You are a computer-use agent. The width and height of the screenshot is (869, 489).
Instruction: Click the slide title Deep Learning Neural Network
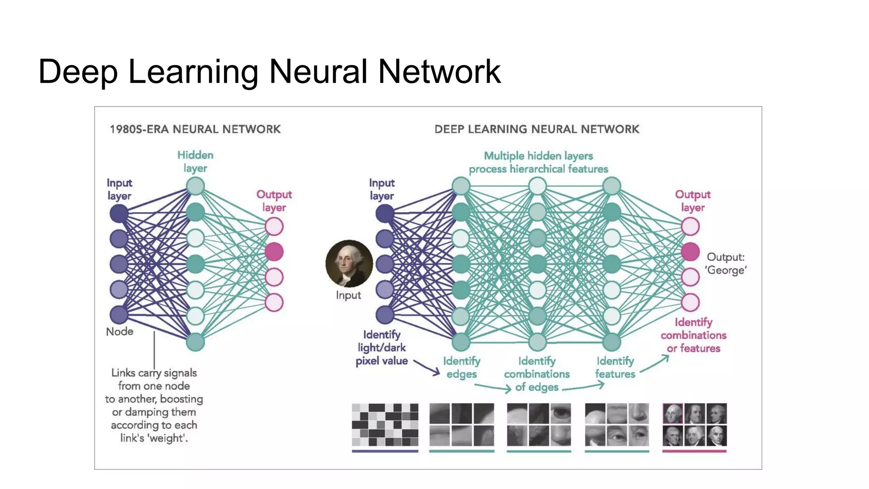pyautogui.click(x=269, y=71)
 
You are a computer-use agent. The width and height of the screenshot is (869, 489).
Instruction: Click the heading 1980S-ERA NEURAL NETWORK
pyautogui.click(x=195, y=129)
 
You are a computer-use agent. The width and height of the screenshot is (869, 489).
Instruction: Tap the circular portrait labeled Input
pyautogui.click(x=349, y=264)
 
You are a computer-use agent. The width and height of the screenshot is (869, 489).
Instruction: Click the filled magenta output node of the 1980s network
pyautogui.click(x=274, y=252)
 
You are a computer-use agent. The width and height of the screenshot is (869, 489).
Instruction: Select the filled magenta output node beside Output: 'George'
pyautogui.click(x=690, y=252)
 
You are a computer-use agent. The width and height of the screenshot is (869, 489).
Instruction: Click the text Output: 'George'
pyautogui.click(x=726, y=264)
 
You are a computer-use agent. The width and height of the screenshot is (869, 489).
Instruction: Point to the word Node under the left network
pyautogui.click(x=119, y=332)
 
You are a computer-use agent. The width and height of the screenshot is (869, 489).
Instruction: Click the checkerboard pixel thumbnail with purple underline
pyautogui.click(x=385, y=424)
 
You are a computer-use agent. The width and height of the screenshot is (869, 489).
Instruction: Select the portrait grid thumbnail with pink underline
pyautogui.click(x=695, y=424)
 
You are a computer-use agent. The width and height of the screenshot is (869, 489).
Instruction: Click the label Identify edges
pyautogui.click(x=462, y=367)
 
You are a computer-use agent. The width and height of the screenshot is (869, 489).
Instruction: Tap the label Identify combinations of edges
pyautogui.click(x=537, y=374)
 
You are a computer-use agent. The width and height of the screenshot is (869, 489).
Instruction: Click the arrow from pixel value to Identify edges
pyautogui.click(x=427, y=368)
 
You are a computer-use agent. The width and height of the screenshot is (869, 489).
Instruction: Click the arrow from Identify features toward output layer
pyautogui.click(x=655, y=364)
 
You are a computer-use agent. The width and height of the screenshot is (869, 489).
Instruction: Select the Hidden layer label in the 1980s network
pyautogui.click(x=195, y=161)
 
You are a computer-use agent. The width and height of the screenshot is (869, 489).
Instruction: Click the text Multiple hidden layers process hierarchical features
pyautogui.click(x=538, y=162)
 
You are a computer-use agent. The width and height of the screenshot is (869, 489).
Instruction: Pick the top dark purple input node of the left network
pyautogui.click(x=119, y=213)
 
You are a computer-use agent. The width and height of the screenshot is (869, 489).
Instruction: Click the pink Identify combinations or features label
pyautogui.click(x=693, y=335)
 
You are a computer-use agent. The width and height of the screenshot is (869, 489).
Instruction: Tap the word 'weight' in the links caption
pyautogui.click(x=167, y=438)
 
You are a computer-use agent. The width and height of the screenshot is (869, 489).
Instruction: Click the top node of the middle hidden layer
pyautogui.click(x=537, y=186)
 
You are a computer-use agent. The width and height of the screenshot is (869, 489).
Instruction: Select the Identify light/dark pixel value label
pyautogui.click(x=381, y=348)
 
